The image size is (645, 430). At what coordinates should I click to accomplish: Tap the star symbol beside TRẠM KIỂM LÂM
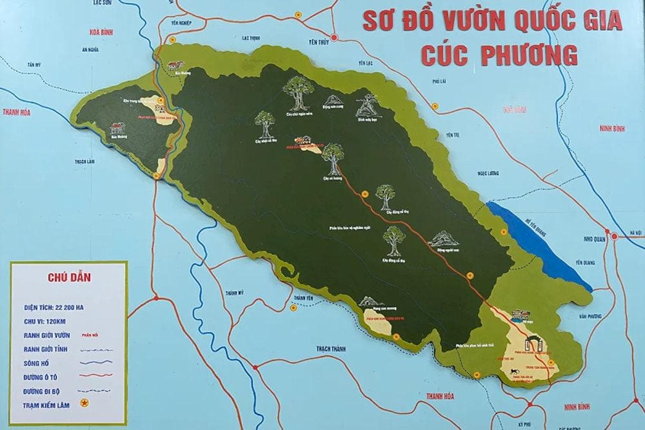84,404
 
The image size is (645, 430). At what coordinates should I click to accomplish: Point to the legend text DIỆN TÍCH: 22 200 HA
55,308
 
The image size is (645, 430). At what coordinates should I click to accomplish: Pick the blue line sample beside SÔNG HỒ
97,362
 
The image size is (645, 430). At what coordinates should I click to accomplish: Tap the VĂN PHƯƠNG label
590,316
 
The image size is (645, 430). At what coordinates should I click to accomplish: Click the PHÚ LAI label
440,81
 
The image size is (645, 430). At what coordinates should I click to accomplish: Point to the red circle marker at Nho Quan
615,237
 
